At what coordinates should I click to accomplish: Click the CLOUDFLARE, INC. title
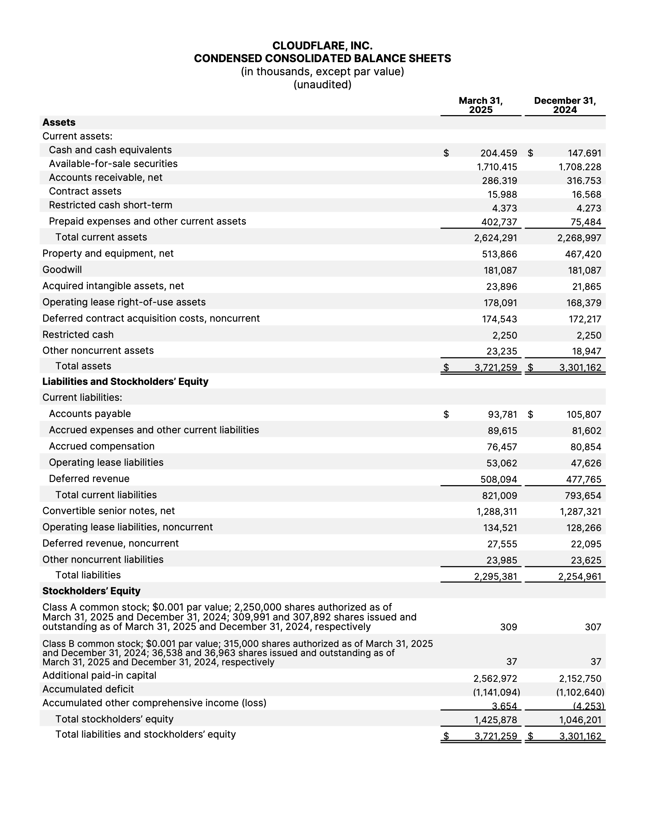[x=322, y=46]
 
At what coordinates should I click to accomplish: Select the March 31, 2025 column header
[x=481, y=105]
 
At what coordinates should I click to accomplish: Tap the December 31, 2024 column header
[x=565, y=105]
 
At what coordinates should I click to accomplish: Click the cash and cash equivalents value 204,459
[x=499, y=153]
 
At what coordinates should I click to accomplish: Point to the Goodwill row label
[x=62, y=269]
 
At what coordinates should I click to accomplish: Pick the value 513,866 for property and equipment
[x=499, y=254]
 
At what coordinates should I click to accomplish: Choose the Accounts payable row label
[x=90, y=413]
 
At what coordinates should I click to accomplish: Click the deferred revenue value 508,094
[x=499, y=480]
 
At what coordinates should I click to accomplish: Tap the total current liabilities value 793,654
[x=583, y=495]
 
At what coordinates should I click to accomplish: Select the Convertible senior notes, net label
[x=109, y=511]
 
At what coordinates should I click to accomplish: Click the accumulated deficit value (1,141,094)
[x=496, y=692]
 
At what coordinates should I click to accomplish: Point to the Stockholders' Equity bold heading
[x=91, y=591]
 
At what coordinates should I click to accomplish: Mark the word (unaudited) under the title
[x=322, y=84]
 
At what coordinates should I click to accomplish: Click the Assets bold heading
[x=59, y=123]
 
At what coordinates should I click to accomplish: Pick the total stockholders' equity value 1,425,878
[x=496, y=720]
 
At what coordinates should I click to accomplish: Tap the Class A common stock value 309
[x=508, y=627]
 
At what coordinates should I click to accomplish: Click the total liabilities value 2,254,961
[x=580, y=577]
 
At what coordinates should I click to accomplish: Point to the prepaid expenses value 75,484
[x=586, y=222]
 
